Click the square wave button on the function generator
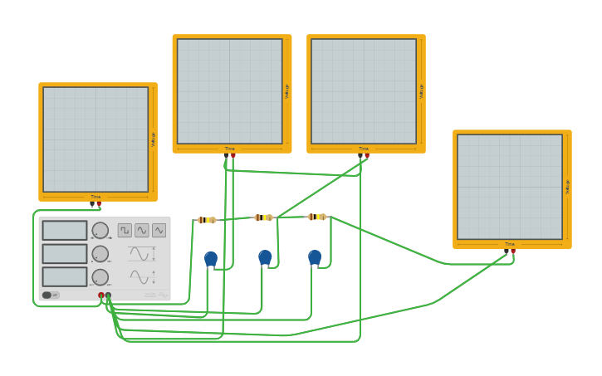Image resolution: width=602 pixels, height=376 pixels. pyautogui.click(x=125, y=230)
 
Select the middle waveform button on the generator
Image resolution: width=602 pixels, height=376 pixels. pyautogui.click(x=142, y=230)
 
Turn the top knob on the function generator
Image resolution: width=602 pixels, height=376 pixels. pyautogui.click(x=100, y=230)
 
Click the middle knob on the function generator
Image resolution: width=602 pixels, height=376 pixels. pyautogui.click(x=100, y=253)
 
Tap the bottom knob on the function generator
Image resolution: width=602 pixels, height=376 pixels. pyautogui.click(x=100, y=276)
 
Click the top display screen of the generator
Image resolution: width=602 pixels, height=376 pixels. pyautogui.click(x=65, y=230)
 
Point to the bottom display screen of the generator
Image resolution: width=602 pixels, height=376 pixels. pyautogui.click(x=65, y=276)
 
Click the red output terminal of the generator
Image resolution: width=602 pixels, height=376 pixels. pyautogui.click(x=101, y=295)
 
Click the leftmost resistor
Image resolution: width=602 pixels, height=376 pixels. pyautogui.click(x=207, y=220)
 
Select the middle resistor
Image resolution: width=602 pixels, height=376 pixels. pyautogui.click(x=263, y=217)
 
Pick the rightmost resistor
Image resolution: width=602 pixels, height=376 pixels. pyautogui.click(x=316, y=217)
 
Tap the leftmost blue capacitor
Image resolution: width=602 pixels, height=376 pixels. pyautogui.click(x=211, y=258)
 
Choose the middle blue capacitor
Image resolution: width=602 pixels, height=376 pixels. pyautogui.click(x=265, y=257)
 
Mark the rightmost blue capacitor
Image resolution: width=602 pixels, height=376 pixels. pyautogui.click(x=315, y=257)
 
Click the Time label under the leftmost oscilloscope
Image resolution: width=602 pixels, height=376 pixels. pyautogui.click(x=95, y=197)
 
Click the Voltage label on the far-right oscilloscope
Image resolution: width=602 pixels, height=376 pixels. pyautogui.click(x=567, y=187)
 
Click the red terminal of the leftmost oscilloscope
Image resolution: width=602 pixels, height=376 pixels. pyautogui.click(x=99, y=203)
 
